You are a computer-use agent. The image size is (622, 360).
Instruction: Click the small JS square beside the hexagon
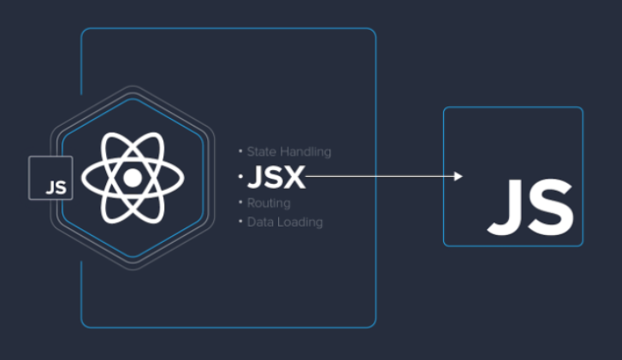pyautogui.click(x=50, y=178)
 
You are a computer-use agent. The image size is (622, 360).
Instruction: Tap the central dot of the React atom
pyautogui.click(x=132, y=178)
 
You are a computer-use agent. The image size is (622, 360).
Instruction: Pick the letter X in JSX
pyautogui.click(x=293, y=177)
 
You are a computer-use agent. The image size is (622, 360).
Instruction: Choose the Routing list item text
pyautogui.click(x=268, y=204)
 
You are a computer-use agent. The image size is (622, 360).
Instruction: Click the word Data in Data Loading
pyautogui.click(x=259, y=222)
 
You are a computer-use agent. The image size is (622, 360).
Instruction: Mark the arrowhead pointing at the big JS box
pyautogui.click(x=459, y=177)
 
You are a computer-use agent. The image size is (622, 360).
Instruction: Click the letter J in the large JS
pyautogui.click(x=505, y=206)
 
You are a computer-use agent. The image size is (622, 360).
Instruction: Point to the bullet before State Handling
pyautogui.click(x=240, y=151)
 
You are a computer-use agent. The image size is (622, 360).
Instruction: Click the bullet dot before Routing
pyautogui.click(x=240, y=204)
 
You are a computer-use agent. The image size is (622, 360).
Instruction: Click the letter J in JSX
pyautogui.click(x=254, y=177)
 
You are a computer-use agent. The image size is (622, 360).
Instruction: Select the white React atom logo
pyautogui.click(x=132, y=178)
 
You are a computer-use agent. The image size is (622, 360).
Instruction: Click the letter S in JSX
pyautogui.click(x=272, y=177)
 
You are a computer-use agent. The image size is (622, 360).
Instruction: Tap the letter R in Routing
pyautogui.click(x=251, y=204)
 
